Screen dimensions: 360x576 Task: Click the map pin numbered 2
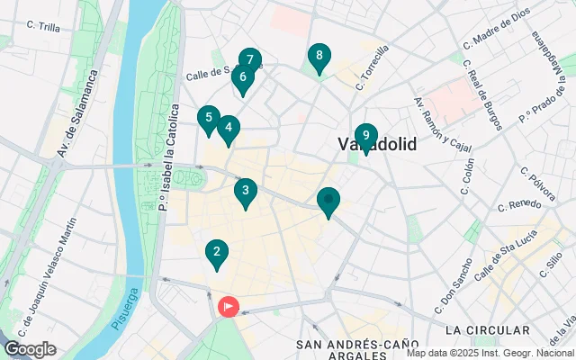[215, 254]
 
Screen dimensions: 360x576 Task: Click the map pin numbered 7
[250, 61]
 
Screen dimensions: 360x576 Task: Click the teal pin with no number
[329, 201]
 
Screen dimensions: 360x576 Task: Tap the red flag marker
[229, 307]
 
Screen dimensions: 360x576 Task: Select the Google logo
[30, 349]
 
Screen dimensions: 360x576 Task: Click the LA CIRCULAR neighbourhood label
[487, 330]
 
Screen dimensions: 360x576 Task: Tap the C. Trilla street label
[43, 28]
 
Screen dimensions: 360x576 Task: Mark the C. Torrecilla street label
[372, 68]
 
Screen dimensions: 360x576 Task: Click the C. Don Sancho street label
[454, 285]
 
